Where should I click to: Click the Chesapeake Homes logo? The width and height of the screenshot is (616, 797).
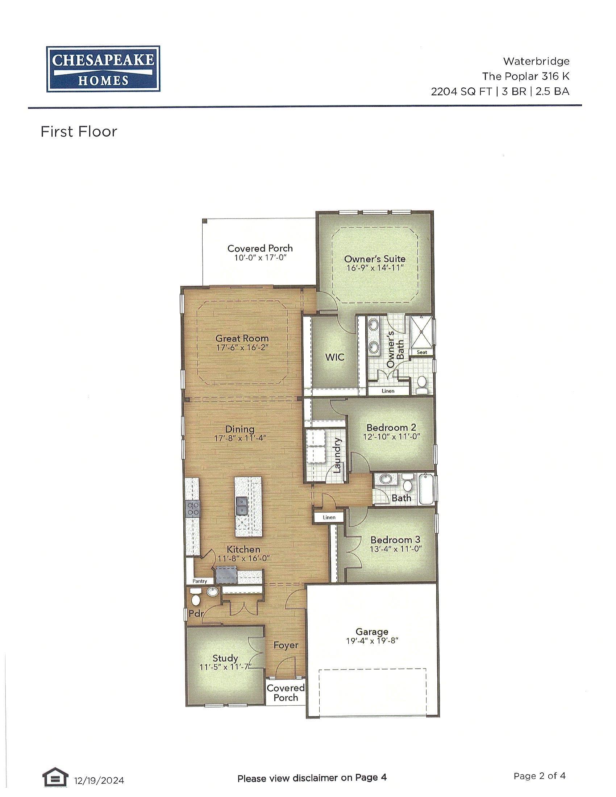point(103,69)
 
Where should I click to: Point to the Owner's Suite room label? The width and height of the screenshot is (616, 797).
point(375,259)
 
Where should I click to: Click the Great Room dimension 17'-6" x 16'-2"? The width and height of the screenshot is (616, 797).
point(242,348)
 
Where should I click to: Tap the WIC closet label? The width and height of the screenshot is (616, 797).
point(335,357)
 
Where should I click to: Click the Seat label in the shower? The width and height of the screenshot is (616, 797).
point(422,352)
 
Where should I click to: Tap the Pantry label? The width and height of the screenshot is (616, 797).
point(200,581)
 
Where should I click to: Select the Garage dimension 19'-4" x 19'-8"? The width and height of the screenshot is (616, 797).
point(372,641)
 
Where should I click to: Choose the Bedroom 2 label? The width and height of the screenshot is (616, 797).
point(391,427)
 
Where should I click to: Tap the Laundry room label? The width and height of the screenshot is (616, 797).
point(337,455)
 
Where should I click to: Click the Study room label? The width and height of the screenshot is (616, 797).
point(225,658)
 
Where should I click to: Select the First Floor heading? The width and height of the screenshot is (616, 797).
point(79,132)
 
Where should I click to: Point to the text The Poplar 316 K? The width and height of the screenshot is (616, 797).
point(525,76)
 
